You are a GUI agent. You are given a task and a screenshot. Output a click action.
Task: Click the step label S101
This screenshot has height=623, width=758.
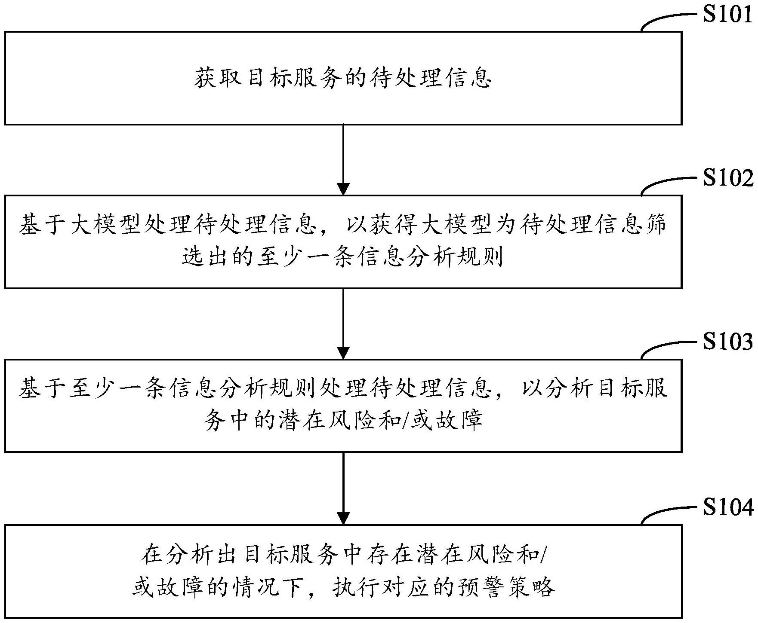727,14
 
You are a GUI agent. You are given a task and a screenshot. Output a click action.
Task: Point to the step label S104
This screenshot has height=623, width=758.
727,507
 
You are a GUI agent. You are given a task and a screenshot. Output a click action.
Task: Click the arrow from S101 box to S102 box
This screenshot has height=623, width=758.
343,159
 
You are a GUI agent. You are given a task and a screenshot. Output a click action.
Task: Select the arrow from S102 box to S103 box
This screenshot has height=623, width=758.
343,323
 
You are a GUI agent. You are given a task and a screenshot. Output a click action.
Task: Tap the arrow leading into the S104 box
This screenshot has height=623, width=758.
343,488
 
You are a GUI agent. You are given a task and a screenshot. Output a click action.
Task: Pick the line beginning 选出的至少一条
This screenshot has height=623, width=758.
343,258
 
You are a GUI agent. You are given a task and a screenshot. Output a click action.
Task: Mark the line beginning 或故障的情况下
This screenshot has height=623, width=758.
343,587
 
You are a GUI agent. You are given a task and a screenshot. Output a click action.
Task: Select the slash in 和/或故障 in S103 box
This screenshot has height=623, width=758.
403,422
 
